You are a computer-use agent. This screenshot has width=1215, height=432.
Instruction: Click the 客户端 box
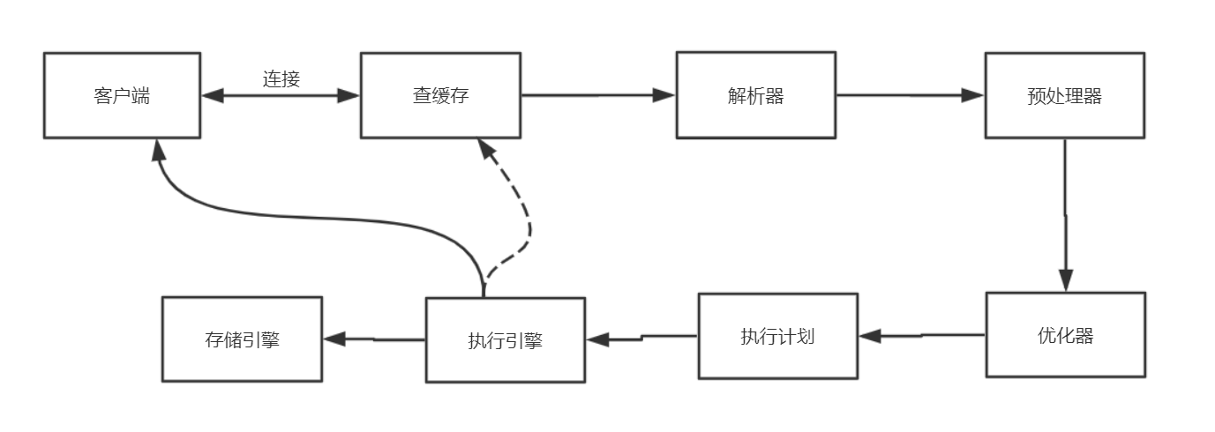click(x=123, y=95)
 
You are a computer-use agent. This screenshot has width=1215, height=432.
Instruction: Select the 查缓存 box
click(x=440, y=95)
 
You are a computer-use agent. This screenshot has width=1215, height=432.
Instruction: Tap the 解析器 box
click(x=755, y=95)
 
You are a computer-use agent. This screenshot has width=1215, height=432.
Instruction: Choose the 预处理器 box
click(x=1064, y=95)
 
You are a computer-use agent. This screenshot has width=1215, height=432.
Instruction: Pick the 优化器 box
click(x=1065, y=335)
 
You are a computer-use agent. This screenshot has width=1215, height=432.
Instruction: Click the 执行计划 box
click(x=777, y=336)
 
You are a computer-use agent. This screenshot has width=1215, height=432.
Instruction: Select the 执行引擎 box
click(x=505, y=339)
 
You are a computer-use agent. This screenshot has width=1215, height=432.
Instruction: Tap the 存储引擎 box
click(x=242, y=339)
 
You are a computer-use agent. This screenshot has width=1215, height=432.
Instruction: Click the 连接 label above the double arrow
click(x=281, y=78)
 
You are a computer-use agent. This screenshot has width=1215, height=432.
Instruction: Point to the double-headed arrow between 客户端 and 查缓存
click(x=281, y=96)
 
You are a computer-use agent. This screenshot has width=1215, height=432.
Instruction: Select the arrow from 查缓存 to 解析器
click(x=597, y=95)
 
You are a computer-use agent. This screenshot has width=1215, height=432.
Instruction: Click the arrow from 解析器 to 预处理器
click(x=910, y=95)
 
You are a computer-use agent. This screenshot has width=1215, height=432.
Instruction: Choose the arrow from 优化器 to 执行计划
click(x=922, y=336)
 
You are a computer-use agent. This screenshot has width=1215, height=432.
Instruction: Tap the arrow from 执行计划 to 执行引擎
click(x=641, y=338)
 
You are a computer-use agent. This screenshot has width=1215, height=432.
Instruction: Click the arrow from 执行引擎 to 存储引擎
click(x=374, y=339)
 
